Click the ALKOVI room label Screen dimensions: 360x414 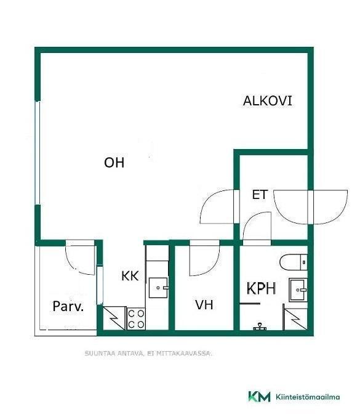[268, 101]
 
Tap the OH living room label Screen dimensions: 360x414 [114, 163]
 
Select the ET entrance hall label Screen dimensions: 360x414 [260, 195]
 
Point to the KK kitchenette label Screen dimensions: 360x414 [130, 276]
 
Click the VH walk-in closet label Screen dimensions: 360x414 [204, 305]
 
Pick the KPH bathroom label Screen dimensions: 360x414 [262, 288]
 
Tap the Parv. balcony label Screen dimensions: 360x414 [68, 306]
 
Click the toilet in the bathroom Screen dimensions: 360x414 [294, 262]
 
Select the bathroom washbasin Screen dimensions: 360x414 [298, 290]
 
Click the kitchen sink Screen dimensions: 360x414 [158, 288]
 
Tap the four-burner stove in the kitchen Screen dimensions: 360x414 [136, 319]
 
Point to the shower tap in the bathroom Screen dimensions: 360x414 [260, 327]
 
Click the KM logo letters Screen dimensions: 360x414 [259, 397]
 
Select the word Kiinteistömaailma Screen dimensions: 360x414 [308, 397]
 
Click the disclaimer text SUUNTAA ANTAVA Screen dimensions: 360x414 [114, 353]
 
